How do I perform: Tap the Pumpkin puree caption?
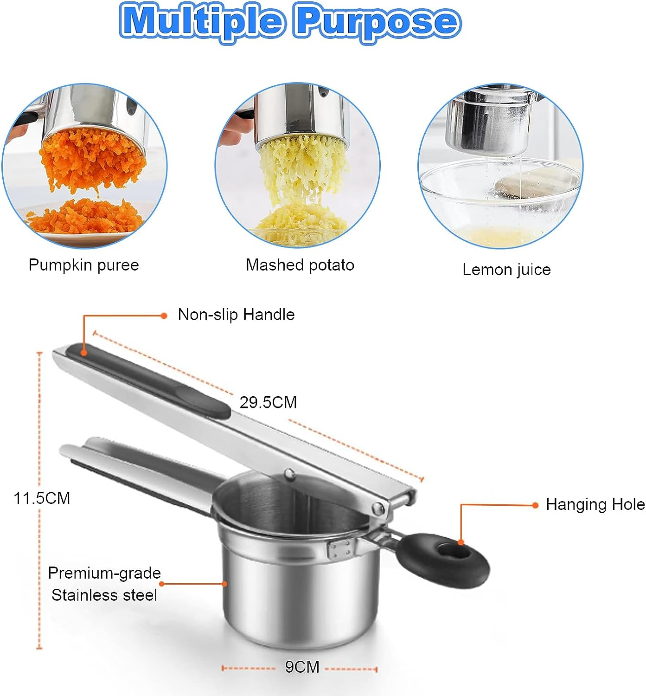[83, 265]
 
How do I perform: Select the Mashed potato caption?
[300, 265]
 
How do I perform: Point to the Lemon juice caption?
[506, 270]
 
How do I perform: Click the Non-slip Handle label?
[236, 315]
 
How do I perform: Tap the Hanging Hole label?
[595, 504]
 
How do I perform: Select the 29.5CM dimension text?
[268, 402]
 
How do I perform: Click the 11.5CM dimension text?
[42, 498]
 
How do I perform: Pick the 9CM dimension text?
[302, 667]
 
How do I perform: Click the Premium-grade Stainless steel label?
[104, 584]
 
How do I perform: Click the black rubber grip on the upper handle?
[148, 377]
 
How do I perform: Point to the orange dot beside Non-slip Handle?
[164, 316]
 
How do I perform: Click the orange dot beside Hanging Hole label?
[536, 505]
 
